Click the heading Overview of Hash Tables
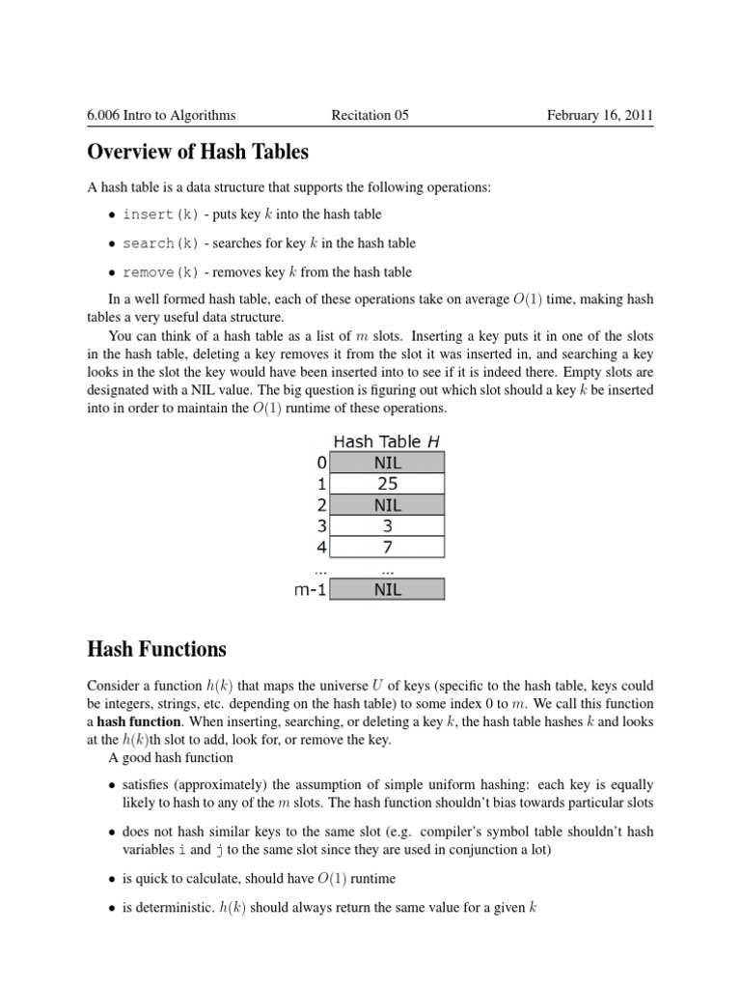pos(198,152)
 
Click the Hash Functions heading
pos(156,649)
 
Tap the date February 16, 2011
pos(599,116)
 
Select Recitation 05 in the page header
pos(370,116)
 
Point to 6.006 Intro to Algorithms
pos(161,116)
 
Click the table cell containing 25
pos(387,484)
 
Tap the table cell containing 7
pos(387,548)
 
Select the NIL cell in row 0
pos(387,463)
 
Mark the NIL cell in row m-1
pos(387,589)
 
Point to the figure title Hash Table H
pos(387,441)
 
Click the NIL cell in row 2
pos(387,505)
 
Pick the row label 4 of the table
pos(322,548)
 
